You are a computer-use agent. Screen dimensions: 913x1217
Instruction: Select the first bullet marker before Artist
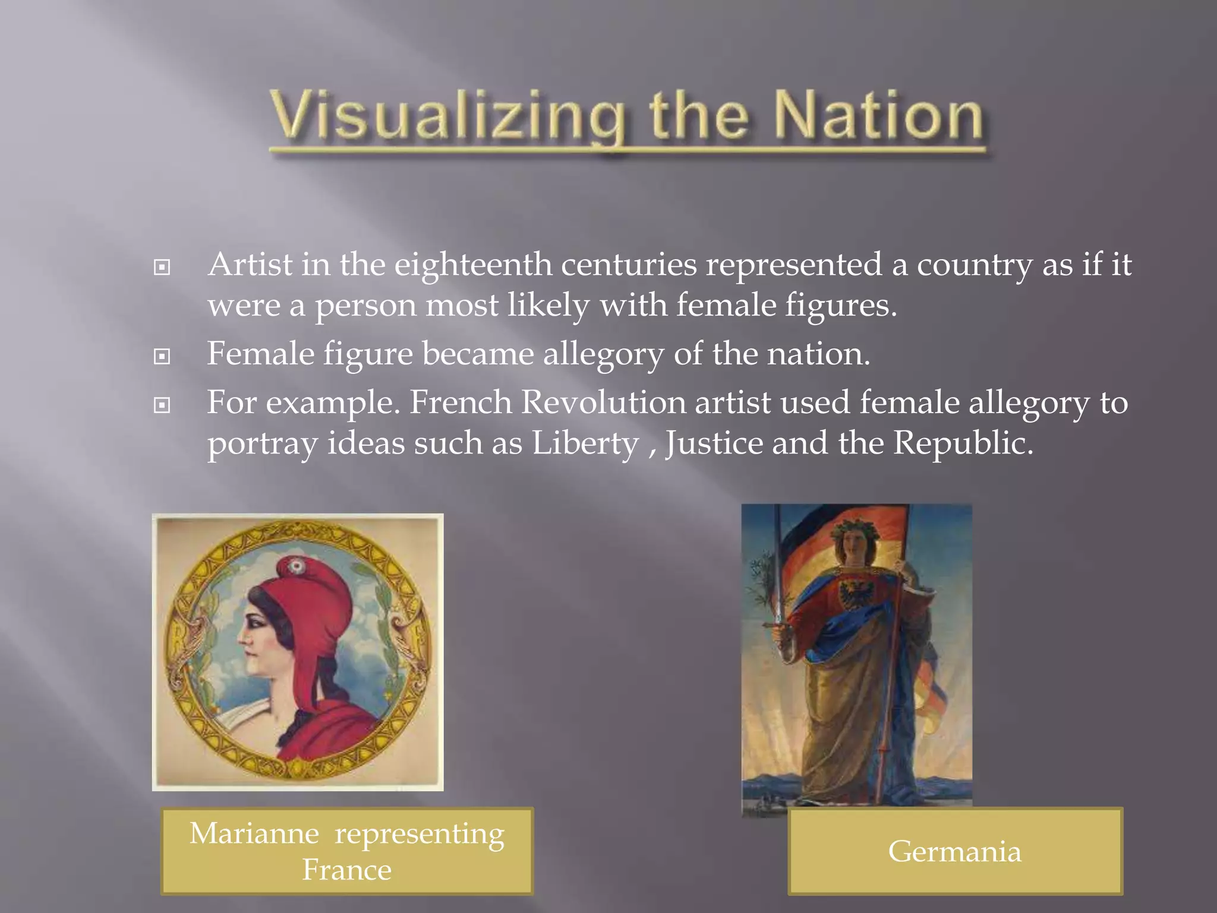pos(162,267)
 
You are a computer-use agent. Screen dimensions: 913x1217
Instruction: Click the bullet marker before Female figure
pos(162,357)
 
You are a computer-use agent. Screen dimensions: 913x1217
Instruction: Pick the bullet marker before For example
pos(162,405)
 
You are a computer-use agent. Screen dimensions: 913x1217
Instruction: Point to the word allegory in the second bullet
pos(603,354)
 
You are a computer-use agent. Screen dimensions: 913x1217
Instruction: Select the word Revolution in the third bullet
pos(603,402)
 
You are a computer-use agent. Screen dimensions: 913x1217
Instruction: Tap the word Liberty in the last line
pos(585,443)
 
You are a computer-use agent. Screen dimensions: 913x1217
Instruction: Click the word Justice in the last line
pos(714,443)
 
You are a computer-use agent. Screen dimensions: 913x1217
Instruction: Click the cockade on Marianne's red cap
pos(293,566)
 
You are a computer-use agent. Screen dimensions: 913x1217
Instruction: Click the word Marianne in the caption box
pos(254,833)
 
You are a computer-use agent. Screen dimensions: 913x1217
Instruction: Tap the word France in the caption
pos(347,870)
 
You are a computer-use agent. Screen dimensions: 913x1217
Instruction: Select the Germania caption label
pos(954,851)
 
